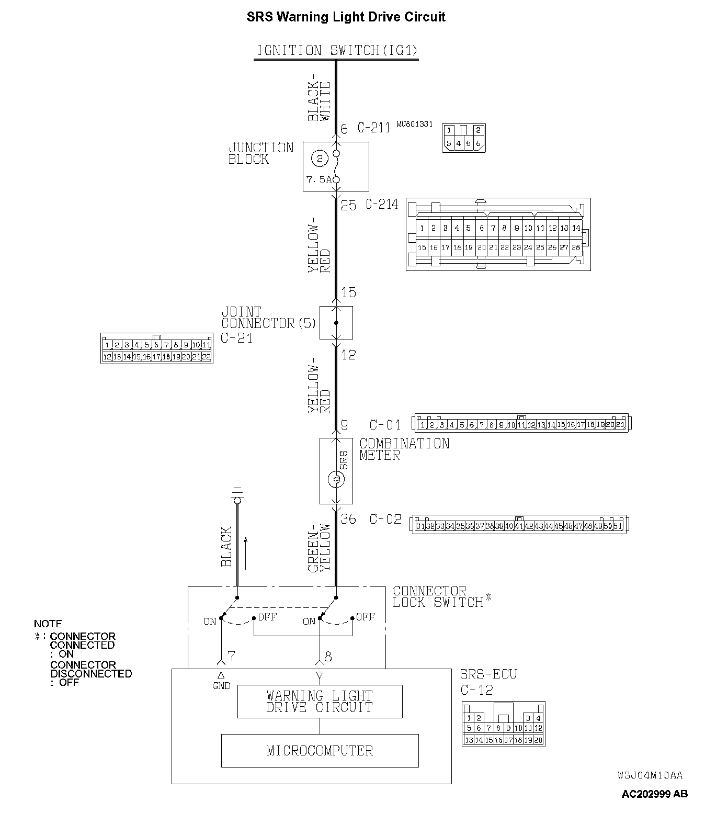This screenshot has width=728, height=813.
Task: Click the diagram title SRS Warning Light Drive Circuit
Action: (x=346, y=17)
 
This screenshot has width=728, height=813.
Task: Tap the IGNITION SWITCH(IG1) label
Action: (x=336, y=51)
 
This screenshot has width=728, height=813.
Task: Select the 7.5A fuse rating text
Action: (x=318, y=179)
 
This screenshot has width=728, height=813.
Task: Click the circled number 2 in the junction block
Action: (x=320, y=157)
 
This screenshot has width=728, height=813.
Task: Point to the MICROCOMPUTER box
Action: (x=320, y=751)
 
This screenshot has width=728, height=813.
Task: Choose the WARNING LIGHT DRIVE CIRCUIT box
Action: (x=320, y=702)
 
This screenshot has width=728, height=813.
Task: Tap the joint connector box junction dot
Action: (x=336, y=323)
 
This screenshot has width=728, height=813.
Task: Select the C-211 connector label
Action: (x=374, y=128)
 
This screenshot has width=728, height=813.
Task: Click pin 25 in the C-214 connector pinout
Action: (x=540, y=247)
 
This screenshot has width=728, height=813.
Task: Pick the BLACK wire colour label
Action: (x=226, y=547)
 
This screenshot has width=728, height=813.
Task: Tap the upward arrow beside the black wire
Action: (x=245, y=552)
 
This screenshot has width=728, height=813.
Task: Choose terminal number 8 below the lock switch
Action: (x=328, y=655)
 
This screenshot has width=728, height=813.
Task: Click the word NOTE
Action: (x=48, y=624)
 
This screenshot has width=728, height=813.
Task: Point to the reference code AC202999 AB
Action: (x=654, y=794)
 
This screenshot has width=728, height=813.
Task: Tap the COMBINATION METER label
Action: (x=404, y=449)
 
